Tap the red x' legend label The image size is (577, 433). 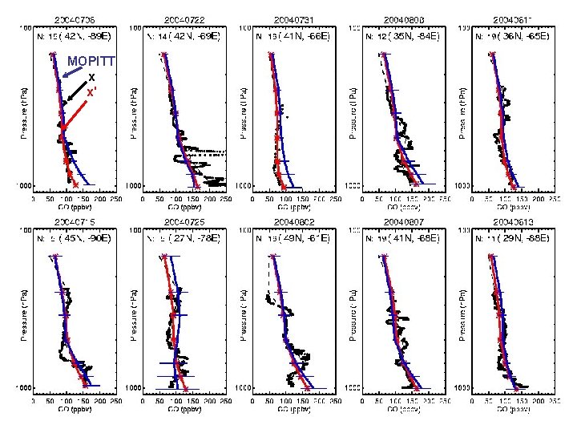click(x=92, y=91)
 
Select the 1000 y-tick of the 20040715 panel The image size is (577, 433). click(x=25, y=388)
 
